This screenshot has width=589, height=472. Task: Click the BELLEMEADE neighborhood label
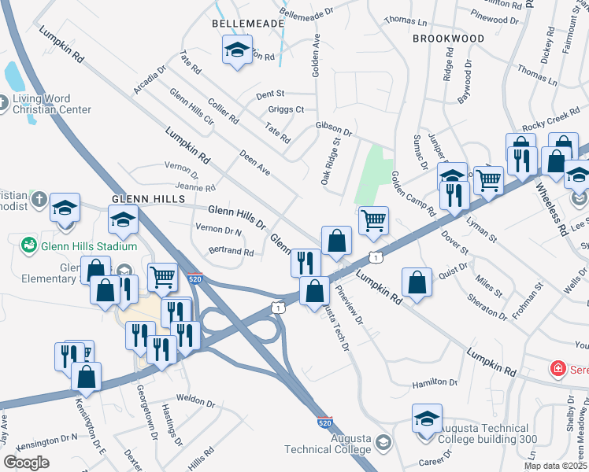(247, 24)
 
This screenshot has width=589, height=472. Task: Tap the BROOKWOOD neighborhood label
(448, 38)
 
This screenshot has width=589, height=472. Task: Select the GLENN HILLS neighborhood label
(147, 200)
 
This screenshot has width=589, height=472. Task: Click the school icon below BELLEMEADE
(236, 51)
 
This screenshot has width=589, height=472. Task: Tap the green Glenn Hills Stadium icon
(29, 246)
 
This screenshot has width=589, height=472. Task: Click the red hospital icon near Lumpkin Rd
(558, 367)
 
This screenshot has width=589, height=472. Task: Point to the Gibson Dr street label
(332, 127)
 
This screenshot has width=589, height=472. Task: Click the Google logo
(27, 463)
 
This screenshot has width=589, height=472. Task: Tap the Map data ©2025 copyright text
(556, 466)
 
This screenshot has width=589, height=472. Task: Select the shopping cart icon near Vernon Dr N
(162, 276)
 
